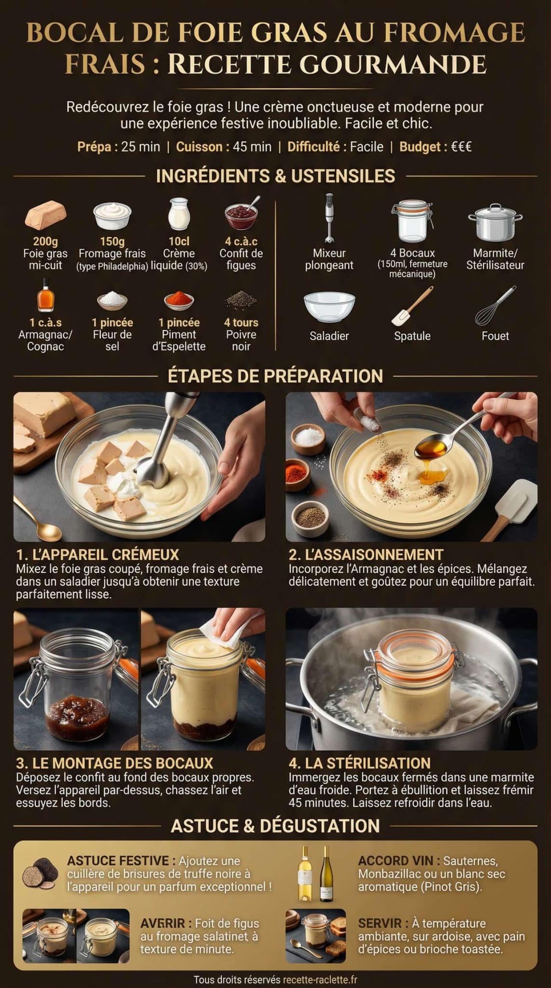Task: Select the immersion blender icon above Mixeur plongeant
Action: click(x=330, y=218)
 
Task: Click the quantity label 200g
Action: click(x=45, y=241)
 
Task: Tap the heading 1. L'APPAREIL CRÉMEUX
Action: click(x=97, y=554)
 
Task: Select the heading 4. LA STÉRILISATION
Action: click(x=359, y=763)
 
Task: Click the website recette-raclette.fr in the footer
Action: click(x=320, y=980)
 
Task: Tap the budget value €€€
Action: click(x=461, y=147)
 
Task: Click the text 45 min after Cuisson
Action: click(x=252, y=147)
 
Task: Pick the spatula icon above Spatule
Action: click(x=412, y=306)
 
